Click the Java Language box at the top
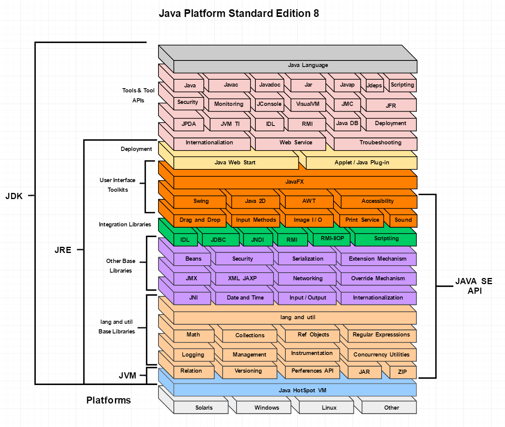pyautogui.click(x=295, y=67)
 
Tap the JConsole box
pyautogui.click(x=270, y=105)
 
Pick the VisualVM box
pyautogui.click(x=308, y=105)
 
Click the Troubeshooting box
pyautogui.click(x=376, y=144)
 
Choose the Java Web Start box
pyautogui.click(x=236, y=163)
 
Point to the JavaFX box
pyautogui.click(x=295, y=183)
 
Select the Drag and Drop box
pyautogui.click(x=200, y=221)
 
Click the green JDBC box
pyautogui.click(x=221, y=240)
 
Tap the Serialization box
pyautogui.click(x=307, y=259)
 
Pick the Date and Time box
pyautogui.click(x=245, y=298)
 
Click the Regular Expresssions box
pyautogui.click(x=382, y=336)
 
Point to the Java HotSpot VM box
pyautogui.click(x=295, y=390)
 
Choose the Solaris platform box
pyautogui.click(x=201, y=407)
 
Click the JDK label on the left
pyautogui.click(x=14, y=196)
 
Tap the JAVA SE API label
pyautogui.click(x=474, y=286)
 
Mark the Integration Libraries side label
pyautogui.click(x=125, y=224)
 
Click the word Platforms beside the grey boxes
pyautogui.click(x=108, y=400)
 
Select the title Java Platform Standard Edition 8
pyautogui.click(x=239, y=13)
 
